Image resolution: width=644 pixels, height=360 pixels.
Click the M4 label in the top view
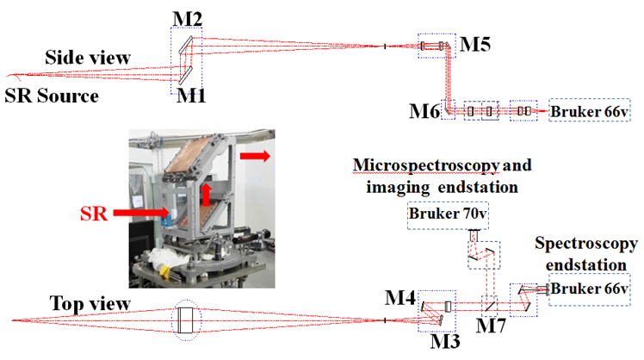tap(401, 300)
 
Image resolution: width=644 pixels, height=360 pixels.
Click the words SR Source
tap(52, 95)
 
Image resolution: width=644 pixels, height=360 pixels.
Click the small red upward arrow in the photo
tap(207, 191)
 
